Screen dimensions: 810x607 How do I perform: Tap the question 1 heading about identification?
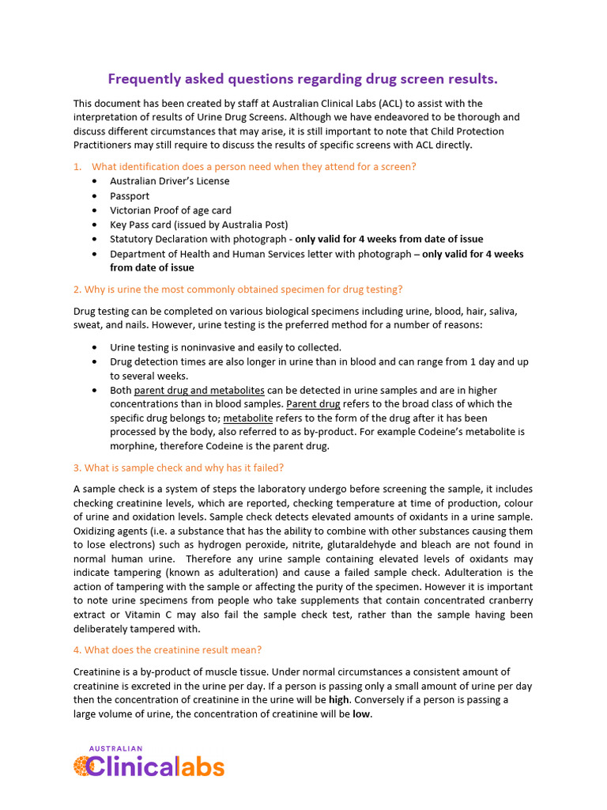tap(254, 167)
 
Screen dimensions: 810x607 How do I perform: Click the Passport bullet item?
tap(130, 196)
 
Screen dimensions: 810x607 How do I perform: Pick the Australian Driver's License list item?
tap(170, 181)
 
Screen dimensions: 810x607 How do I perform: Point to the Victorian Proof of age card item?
tap(171, 210)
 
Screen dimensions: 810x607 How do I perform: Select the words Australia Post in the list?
tap(258, 225)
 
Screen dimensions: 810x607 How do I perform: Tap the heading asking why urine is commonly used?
tap(238, 290)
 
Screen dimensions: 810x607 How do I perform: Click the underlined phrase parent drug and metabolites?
tap(199, 391)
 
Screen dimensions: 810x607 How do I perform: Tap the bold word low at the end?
tap(360, 714)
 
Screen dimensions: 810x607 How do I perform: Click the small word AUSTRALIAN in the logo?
tap(115, 748)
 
